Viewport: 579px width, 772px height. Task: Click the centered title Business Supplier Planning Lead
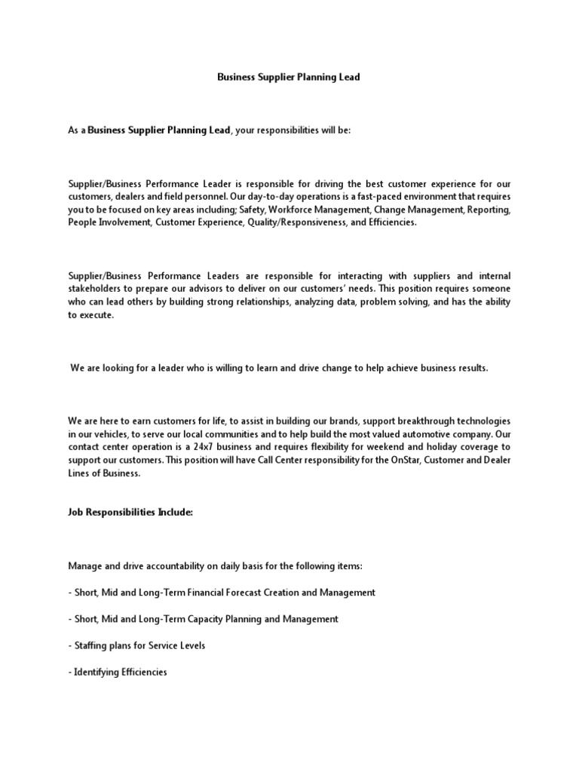pyautogui.click(x=289, y=77)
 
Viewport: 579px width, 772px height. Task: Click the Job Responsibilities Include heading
pyautogui.click(x=130, y=513)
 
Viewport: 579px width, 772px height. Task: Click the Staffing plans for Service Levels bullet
pyautogui.click(x=136, y=645)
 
